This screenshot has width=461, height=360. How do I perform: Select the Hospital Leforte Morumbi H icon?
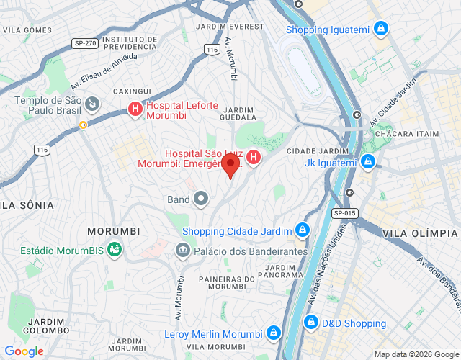135,109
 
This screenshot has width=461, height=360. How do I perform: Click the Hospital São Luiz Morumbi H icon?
254,157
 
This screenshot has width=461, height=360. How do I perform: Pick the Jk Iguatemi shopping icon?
368,161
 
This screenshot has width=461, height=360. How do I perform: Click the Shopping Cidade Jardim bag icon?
303,231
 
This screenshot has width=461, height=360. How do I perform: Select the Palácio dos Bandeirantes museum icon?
182,251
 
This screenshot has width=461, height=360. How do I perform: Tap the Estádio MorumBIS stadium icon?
114,251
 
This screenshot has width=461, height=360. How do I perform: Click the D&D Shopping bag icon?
311,323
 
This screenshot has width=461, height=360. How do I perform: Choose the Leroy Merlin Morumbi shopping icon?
273,333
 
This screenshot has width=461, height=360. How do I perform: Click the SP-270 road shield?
85,43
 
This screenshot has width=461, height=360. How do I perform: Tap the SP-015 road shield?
345,213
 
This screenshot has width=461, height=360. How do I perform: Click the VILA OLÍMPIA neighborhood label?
420,233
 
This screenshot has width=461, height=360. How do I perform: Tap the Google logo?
24,351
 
